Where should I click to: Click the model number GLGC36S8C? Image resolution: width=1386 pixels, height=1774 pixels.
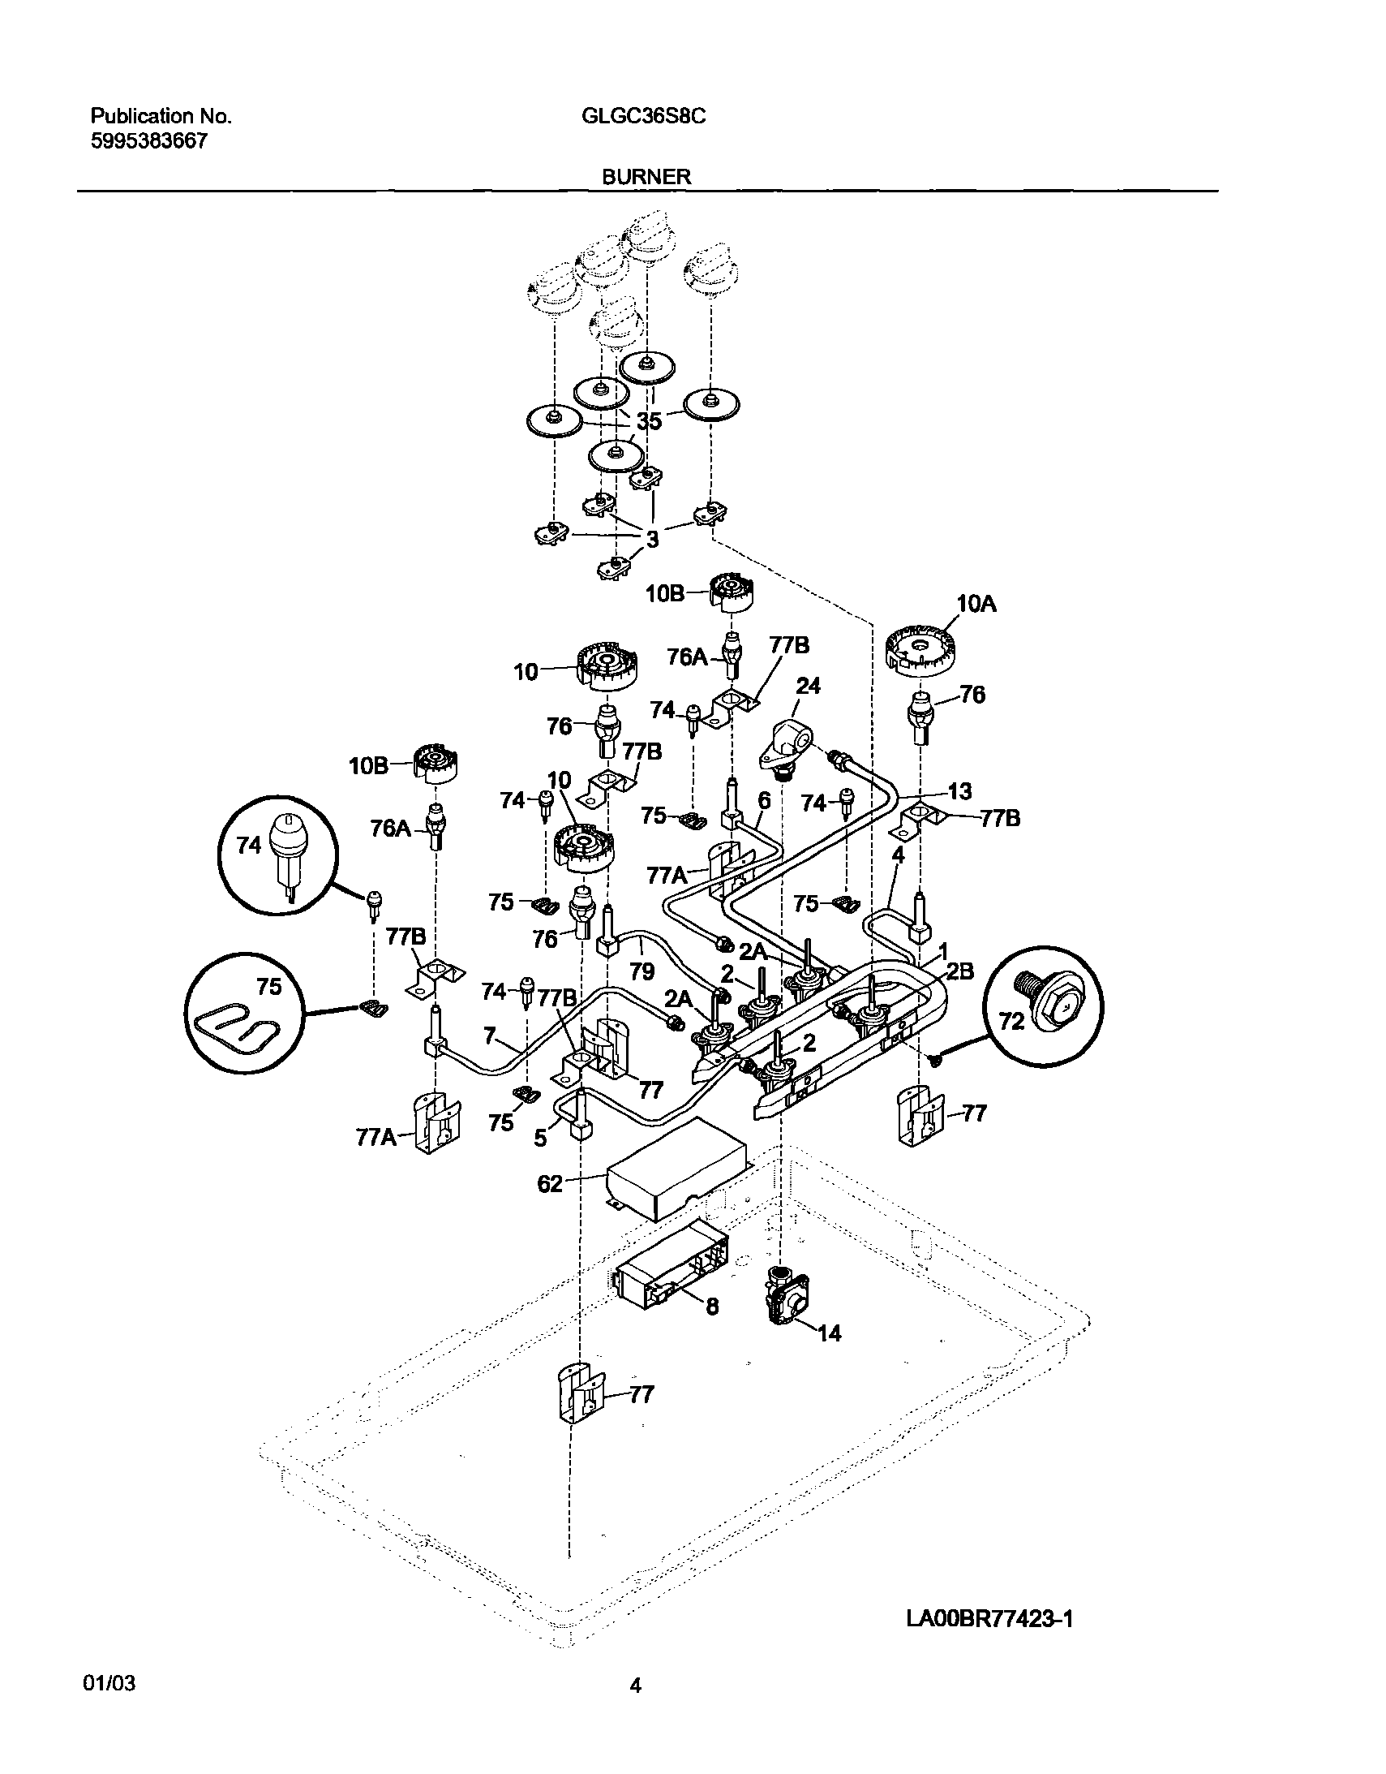tap(643, 116)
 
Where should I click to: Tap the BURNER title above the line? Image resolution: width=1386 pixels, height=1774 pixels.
tap(646, 176)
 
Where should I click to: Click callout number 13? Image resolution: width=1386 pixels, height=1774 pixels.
tap(959, 791)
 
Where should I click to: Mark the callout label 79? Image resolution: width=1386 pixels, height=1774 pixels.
tap(642, 971)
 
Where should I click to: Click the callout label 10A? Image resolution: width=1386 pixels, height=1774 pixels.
tap(976, 604)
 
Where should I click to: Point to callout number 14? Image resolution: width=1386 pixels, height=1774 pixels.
tap(829, 1333)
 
